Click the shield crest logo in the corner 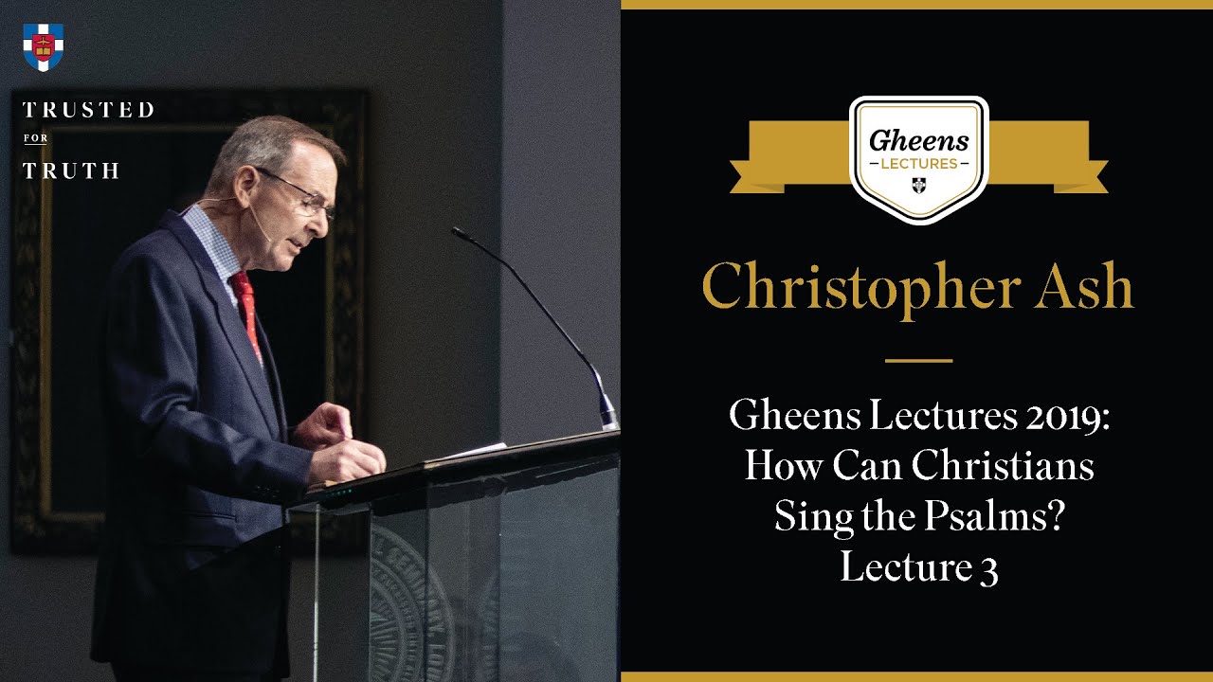click(x=43, y=46)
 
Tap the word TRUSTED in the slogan click(x=87, y=110)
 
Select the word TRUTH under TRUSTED click(x=70, y=171)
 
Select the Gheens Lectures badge click(x=918, y=157)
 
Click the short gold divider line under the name click(x=918, y=361)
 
